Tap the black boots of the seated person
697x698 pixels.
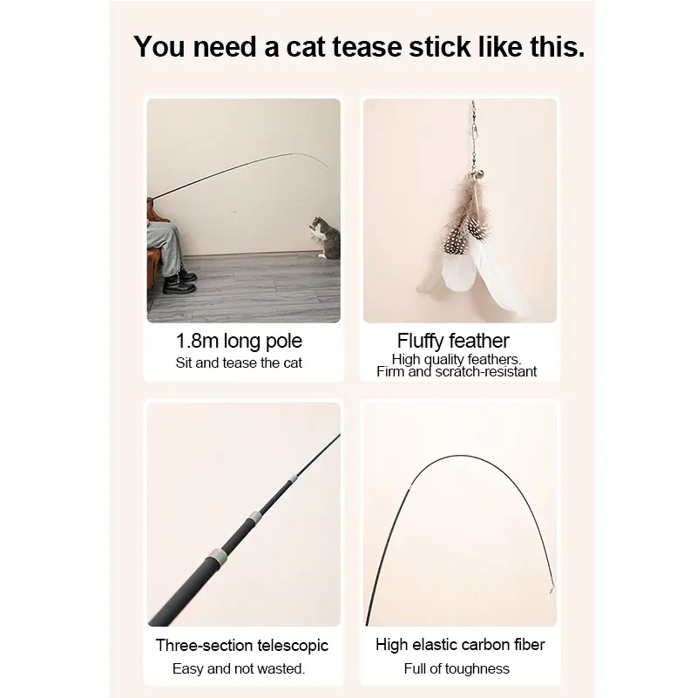[179, 281]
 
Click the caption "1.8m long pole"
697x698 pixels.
[239, 341]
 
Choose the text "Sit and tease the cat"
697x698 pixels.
[239, 363]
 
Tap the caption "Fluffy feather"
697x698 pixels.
[453, 341]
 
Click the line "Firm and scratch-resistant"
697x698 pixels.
[457, 372]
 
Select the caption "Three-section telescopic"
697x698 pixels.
[242, 646]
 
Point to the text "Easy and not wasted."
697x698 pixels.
[239, 668]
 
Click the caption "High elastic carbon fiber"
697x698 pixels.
[460, 646]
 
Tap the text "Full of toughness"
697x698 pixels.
[457, 668]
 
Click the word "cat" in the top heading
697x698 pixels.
[310, 48]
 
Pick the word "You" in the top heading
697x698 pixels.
[160, 48]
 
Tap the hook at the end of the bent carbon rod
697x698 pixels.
[549, 589]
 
